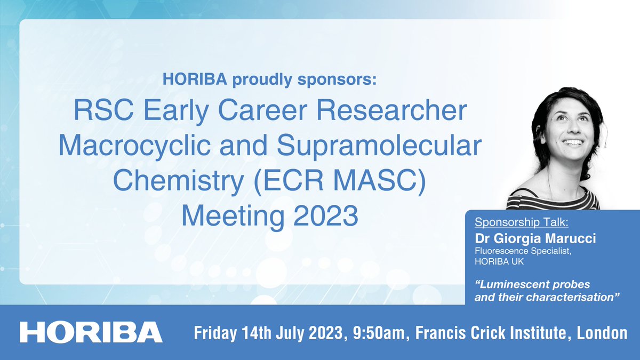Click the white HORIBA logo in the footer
91,332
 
